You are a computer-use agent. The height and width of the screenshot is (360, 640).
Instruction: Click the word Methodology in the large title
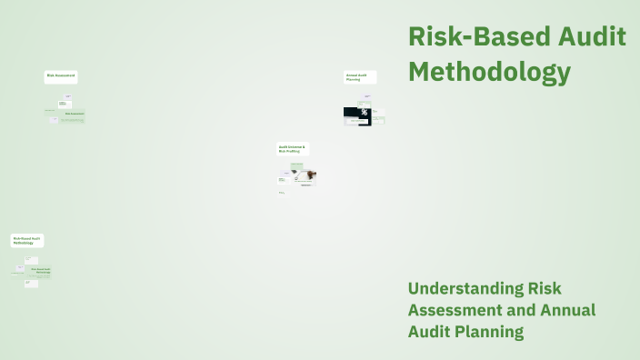(x=489, y=71)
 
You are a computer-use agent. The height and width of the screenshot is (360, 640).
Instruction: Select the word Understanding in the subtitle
(x=466, y=289)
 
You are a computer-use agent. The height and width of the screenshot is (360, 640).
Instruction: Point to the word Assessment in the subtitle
(x=455, y=310)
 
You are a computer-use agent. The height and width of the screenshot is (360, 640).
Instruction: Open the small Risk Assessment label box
(x=61, y=75)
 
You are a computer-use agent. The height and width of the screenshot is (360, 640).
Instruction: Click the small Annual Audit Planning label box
(x=359, y=77)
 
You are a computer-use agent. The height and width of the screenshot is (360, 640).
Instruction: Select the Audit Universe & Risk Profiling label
(x=293, y=148)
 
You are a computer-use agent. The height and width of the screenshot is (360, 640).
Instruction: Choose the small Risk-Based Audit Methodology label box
(x=27, y=241)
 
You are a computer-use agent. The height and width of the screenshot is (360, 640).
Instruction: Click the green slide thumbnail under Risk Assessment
(x=73, y=115)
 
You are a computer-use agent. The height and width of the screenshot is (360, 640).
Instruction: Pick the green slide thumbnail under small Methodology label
(x=39, y=271)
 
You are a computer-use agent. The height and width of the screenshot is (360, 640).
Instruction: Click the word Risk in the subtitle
(x=545, y=289)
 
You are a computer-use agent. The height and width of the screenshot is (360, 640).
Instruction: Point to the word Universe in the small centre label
(x=297, y=145)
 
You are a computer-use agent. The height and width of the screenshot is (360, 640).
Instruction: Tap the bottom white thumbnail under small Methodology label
(x=30, y=283)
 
